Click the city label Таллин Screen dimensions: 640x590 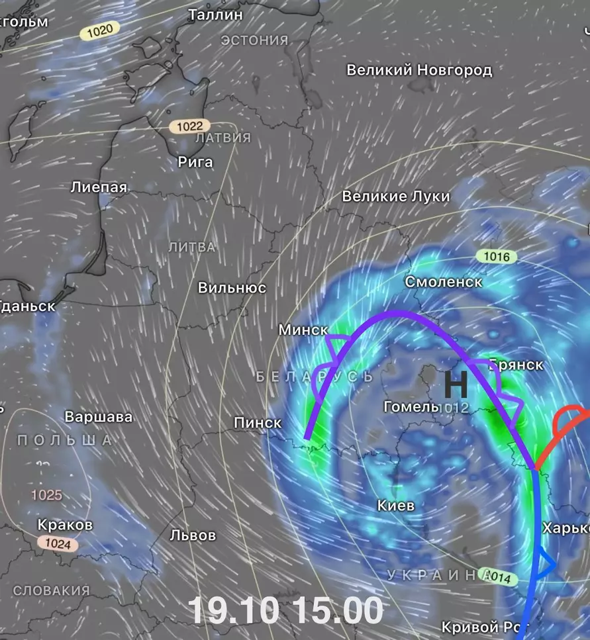pos(215,14)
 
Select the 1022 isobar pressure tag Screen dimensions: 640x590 pos(189,126)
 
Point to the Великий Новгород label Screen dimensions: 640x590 pos(419,69)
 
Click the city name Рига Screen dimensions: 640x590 pos(195,161)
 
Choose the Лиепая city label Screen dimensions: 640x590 pos(99,187)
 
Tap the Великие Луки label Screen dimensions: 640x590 pos(395,197)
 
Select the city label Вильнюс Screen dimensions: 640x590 pos(232,288)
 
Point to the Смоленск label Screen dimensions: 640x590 pos(443,282)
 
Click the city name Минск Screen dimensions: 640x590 pos(303,329)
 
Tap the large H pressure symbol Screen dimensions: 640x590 pos(455,385)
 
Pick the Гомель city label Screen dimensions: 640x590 pos(411,406)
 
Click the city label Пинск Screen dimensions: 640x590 pos(258,422)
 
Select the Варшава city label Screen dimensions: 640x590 pos(98,417)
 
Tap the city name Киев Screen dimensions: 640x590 pos(395,506)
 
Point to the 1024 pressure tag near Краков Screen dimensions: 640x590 pos(58,543)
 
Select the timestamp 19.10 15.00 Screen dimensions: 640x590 pos(285,610)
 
